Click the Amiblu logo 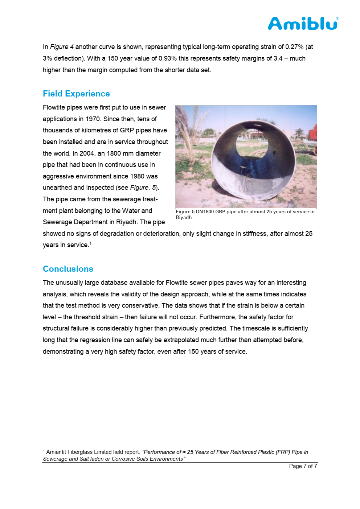click(303, 24)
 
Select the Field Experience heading click(76, 94)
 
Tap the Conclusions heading click(68, 269)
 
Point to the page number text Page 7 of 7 click(303, 466)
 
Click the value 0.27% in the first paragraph click(294, 47)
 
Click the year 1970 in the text click(93, 119)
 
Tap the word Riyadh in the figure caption click(184, 218)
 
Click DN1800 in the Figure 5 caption click(205, 212)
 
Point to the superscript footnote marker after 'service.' click(90, 243)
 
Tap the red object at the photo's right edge click(313, 133)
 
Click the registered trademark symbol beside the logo click(337, 19)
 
